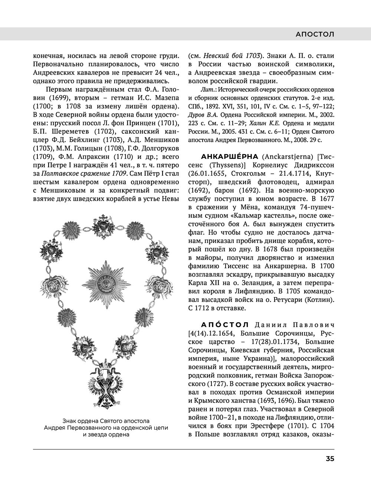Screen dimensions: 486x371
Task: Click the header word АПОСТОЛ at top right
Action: click(x=315, y=34)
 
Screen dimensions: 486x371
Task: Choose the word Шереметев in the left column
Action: click(x=68, y=132)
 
